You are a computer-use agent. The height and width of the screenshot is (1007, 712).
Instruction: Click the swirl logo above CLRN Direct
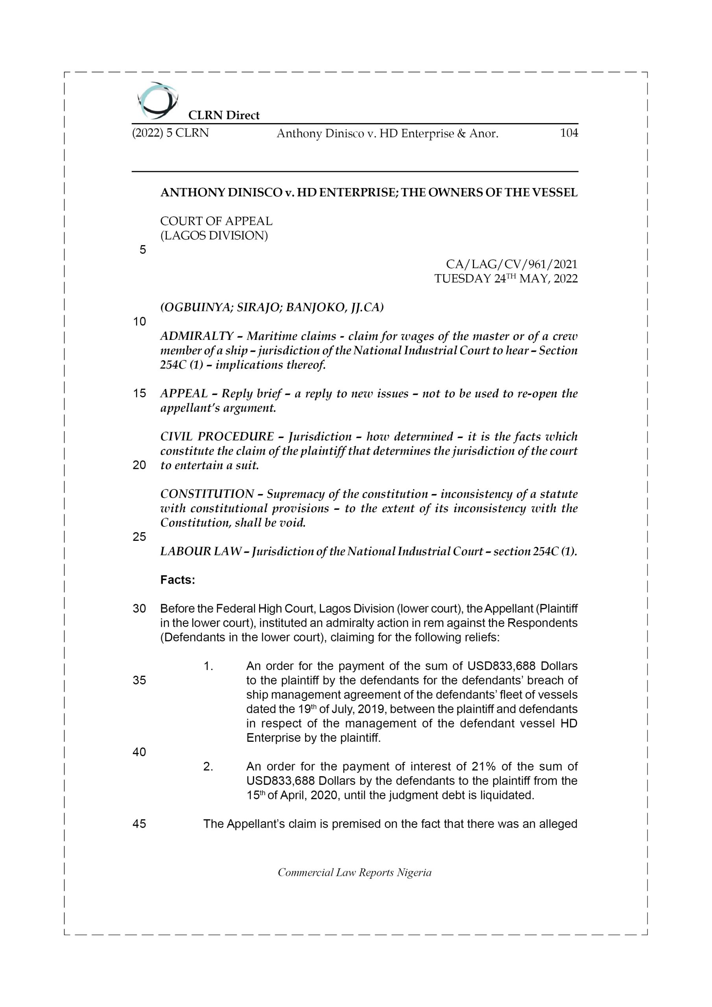(157, 100)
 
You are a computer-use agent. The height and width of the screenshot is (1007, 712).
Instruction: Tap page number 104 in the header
(568, 133)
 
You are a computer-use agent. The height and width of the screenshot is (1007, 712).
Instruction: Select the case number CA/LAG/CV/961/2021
(511, 264)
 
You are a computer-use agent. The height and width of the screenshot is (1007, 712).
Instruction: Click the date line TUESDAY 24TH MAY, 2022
(506, 278)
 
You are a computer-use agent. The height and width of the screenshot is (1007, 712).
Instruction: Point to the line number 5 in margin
(142, 250)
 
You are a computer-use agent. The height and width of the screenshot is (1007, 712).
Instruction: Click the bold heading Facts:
(178, 580)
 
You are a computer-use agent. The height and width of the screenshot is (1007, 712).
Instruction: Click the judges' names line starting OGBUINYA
(272, 308)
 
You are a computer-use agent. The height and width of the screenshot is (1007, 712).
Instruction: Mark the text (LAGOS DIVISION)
(214, 236)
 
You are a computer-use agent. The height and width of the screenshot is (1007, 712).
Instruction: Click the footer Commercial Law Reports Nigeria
(354, 872)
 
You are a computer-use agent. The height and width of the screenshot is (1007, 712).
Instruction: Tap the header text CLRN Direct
(224, 115)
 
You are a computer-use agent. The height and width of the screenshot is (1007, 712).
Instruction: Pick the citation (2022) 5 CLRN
(170, 133)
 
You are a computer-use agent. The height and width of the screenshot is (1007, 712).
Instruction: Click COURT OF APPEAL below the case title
(216, 221)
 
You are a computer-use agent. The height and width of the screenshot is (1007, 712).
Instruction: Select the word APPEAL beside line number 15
(184, 393)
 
